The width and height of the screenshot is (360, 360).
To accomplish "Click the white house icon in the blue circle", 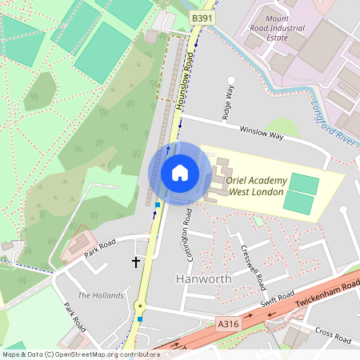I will [x=180, y=173].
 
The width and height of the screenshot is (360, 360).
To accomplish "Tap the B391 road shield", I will [x=203, y=17].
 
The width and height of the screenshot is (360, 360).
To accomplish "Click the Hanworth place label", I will [x=203, y=279].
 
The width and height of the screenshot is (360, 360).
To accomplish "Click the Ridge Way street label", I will [x=230, y=102].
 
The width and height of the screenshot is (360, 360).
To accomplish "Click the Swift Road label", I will [x=277, y=301].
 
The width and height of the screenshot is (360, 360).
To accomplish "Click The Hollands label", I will [x=101, y=295].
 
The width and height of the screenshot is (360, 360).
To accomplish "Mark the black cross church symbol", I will [x=136, y=262].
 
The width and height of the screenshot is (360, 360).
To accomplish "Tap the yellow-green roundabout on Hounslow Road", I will [x=141, y=305].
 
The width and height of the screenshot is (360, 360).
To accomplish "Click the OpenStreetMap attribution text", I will [x=80, y=354].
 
